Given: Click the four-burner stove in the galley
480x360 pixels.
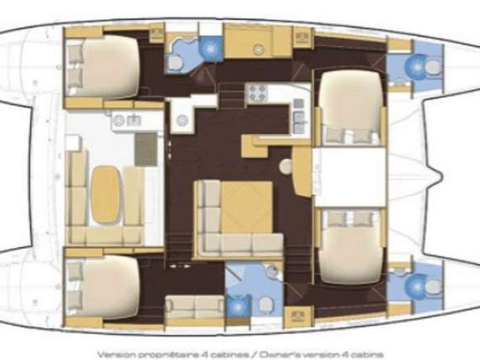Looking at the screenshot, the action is point(257,93).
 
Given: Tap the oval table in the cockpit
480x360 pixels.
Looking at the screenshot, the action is point(105,194).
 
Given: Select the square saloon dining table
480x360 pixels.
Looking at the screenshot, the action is point(247,206).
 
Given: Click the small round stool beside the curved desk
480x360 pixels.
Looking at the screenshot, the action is point(286,166).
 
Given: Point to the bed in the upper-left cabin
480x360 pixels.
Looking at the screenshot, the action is point(104,67).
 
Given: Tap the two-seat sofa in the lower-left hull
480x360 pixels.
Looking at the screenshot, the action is point(195,307).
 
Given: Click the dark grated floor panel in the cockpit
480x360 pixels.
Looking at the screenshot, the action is point(146,150).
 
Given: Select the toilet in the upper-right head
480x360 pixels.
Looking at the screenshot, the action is point(433,67).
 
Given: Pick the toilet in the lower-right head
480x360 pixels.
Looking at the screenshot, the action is point(433,287).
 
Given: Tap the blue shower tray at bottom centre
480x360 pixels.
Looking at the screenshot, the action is point(237,306).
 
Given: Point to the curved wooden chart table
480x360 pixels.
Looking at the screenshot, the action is point(302,170).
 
